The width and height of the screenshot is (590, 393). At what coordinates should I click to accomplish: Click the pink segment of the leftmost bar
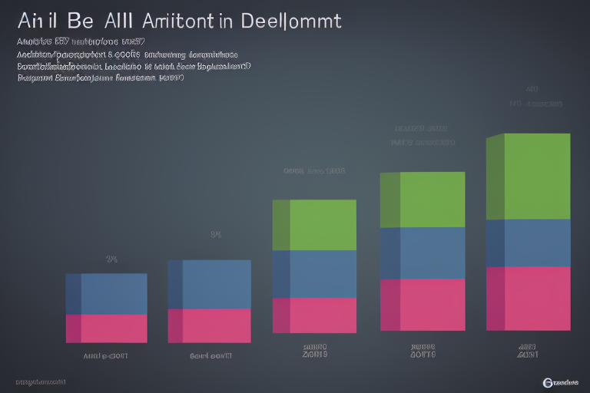coord(107,329)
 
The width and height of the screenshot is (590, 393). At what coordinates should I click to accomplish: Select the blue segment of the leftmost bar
coord(107,294)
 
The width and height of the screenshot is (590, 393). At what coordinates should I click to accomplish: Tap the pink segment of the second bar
coord(210,325)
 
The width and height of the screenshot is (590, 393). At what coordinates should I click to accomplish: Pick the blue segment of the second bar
coord(210,284)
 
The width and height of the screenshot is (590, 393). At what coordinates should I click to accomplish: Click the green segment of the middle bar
coord(315,225)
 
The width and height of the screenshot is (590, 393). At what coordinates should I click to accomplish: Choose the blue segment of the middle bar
coord(315,274)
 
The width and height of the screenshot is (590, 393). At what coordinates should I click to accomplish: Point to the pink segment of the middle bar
coord(315,315)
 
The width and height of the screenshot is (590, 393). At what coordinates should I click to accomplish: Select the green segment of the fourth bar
coord(423,200)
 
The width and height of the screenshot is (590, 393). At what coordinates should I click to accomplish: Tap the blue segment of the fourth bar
coord(423,253)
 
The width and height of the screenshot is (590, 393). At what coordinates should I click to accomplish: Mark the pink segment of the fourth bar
coord(423,305)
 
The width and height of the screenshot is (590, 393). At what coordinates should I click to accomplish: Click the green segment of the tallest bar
coord(529,177)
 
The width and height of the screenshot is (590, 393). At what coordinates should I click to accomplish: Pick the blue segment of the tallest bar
coord(529,243)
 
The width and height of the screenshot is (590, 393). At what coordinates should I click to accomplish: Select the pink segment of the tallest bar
coord(529,299)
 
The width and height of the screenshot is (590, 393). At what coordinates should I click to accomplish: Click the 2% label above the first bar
coord(111,259)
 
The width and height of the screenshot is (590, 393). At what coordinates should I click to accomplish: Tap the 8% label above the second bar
coord(216,235)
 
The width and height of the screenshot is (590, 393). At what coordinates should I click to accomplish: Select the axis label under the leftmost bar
coord(105,356)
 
